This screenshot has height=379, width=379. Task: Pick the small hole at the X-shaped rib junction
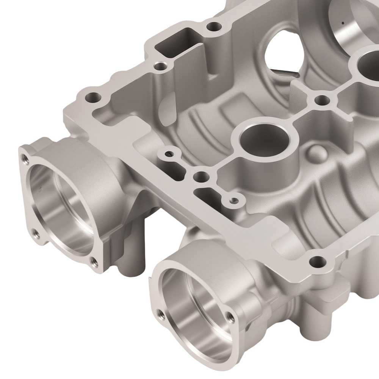pyautogui.click(x=321, y=100)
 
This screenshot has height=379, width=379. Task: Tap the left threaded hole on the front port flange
pyautogui.click(x=160, y=313)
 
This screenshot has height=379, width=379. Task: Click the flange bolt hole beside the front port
pyautogui.click(x=315, y=262)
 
